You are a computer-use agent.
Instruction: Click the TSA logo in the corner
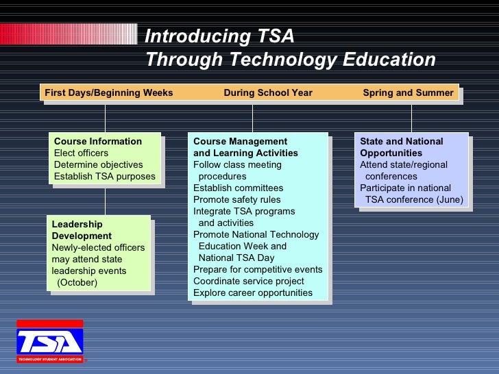(49, 341)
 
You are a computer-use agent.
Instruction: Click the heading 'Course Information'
(98, 142)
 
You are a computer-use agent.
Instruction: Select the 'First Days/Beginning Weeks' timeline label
(109, 93)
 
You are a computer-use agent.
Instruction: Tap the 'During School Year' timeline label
(268, 93)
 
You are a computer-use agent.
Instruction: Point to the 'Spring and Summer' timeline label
(408, 93)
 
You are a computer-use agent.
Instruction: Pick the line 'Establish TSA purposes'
(105, 177)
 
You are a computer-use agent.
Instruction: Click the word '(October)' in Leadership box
(77, 282)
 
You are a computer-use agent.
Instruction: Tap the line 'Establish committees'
(238, 188)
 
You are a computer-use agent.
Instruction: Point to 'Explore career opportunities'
(253, 293)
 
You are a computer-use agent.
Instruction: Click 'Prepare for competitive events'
(258, 270)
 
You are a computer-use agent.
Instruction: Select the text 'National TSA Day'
(236, 258)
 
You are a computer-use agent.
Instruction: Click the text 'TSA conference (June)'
(415, 200)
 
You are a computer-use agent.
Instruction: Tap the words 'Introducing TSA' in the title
(220, 36)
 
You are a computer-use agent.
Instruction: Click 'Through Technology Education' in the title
(291, 60)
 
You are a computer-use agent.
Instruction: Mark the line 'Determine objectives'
(99, 165)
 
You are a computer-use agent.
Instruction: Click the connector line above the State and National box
(411, 117)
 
